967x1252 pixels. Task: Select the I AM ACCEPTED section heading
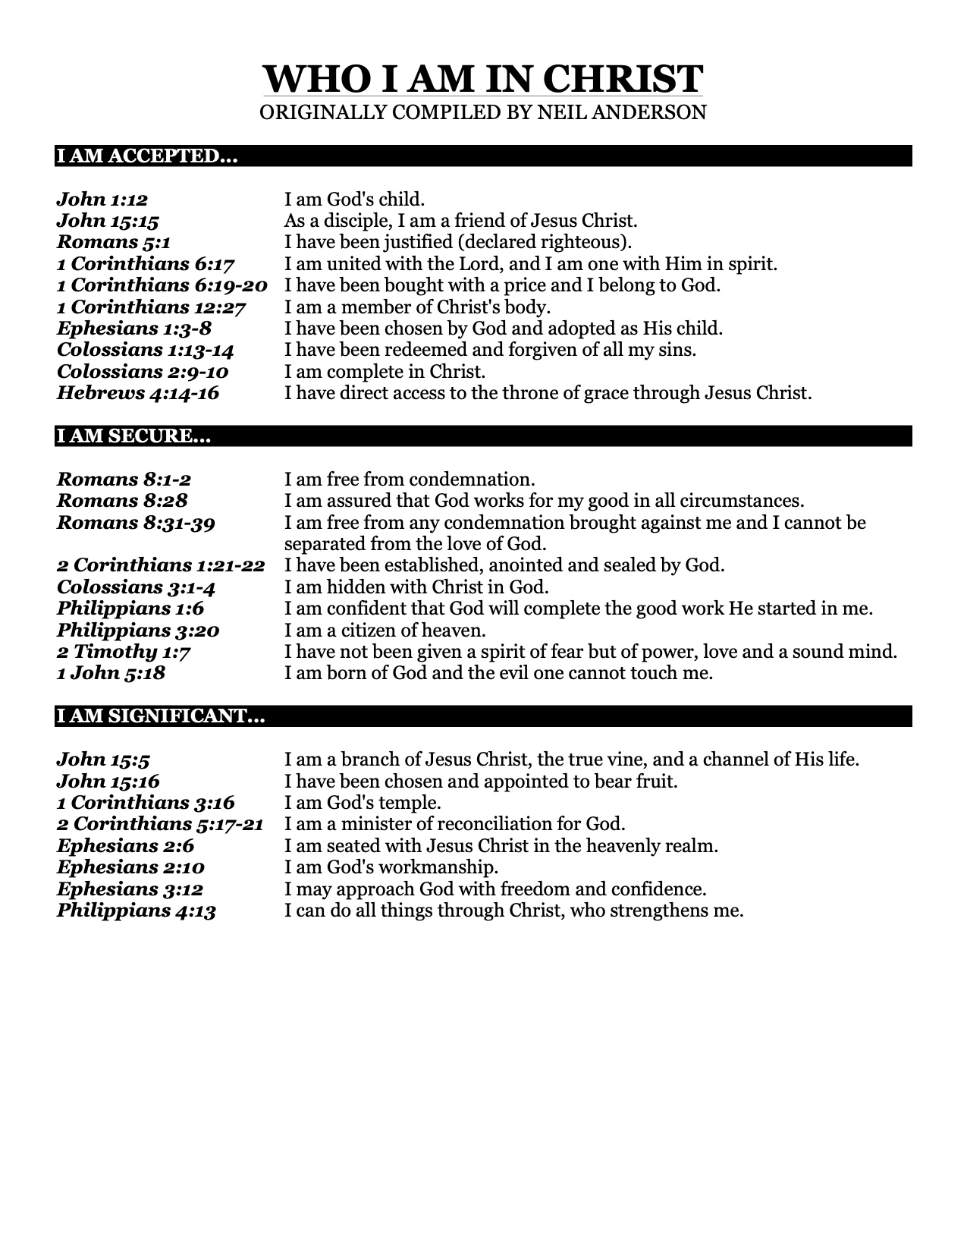(x=146, y=156)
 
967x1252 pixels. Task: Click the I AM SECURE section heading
(x=133, y=436)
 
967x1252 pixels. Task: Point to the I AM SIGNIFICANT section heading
(x=160, y=716)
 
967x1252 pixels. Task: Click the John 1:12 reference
(x=102, y=200)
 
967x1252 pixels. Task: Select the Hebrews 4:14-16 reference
(x=138, y=393)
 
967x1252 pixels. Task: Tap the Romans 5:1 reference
(x=114, y=242)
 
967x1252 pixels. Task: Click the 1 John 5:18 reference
(x=111, y=673)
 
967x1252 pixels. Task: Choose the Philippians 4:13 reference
(x=137, y=910)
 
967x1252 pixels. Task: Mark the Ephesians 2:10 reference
(x=130, y=867)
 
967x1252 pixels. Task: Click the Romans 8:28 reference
(x=122, y=501)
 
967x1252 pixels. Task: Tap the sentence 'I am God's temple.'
(x=363, y=802)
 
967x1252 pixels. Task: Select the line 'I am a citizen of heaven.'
(x=385, y=630)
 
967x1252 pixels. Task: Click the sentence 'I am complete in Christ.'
(x=385, y=372)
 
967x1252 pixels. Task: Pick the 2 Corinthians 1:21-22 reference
(x=161, y=565)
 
